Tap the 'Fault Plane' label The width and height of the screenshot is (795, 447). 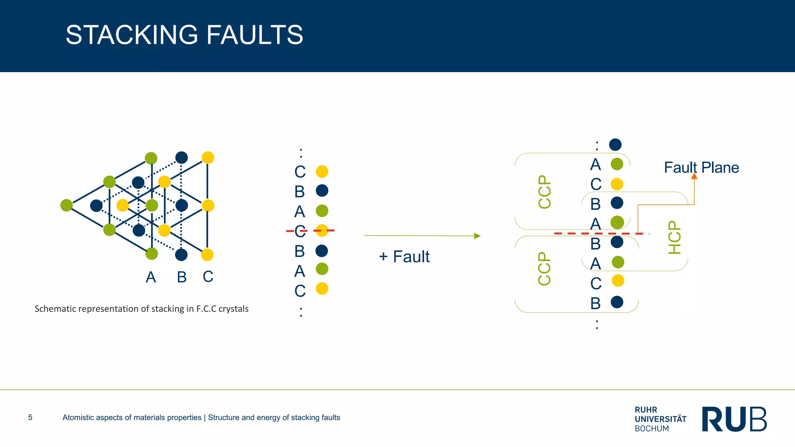click(701, 168)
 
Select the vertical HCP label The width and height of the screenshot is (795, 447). click(675, 237)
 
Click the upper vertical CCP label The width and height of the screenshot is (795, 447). click(545, 192)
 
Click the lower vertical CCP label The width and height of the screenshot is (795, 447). click(544, 269)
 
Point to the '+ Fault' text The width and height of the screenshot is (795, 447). click(404, 256)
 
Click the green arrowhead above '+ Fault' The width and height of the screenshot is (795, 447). click(477, 236)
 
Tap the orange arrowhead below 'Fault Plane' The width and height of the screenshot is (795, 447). click(694, 177)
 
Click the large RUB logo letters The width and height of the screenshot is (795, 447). click(734, 419)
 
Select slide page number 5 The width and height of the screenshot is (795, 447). click(30, 418)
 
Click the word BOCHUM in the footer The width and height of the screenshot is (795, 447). click(651, 429)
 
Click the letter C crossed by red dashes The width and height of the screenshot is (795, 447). click(300, 231)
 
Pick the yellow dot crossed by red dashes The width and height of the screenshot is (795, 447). click(322, 230)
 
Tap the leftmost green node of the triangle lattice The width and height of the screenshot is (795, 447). click(67, 205)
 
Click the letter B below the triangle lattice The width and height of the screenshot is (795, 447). click(182, 277)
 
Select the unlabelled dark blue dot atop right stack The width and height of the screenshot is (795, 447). click(615, 145)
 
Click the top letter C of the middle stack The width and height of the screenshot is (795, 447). click(300, 172)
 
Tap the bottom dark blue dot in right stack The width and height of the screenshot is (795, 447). click(617, 302)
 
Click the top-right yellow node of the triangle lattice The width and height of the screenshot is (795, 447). click(208, 158)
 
